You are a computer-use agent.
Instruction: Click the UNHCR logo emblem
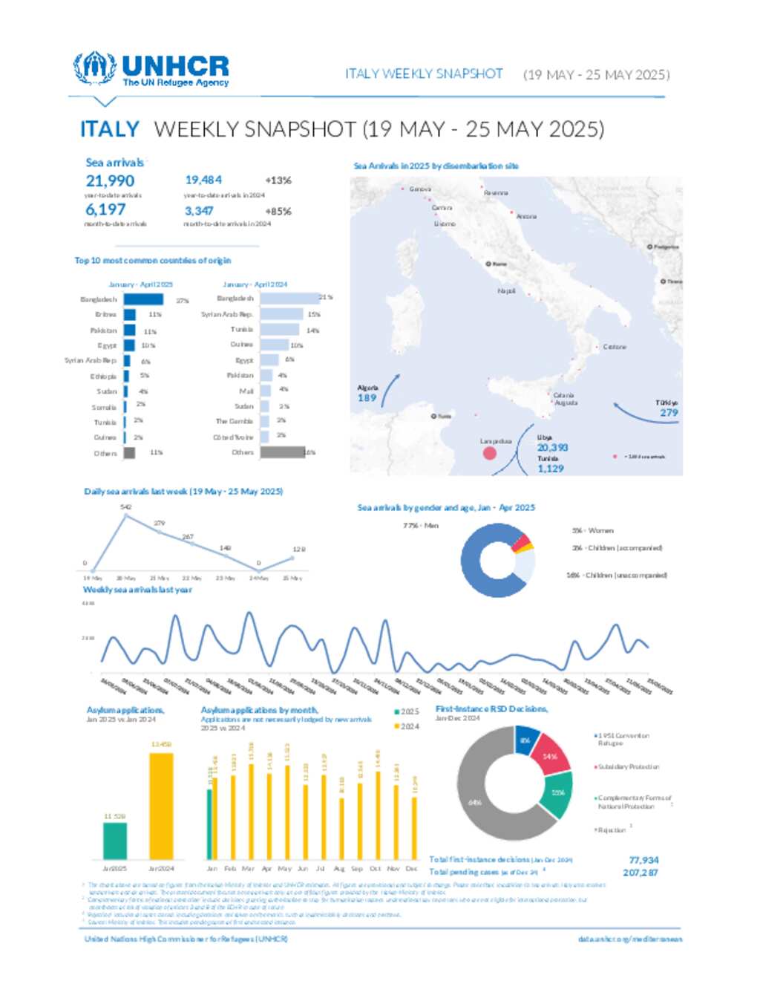click(x=94, y=69)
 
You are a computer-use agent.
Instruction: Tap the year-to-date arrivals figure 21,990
click(x=110, y=181)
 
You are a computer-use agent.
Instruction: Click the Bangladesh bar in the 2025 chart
click(x=143, y=299)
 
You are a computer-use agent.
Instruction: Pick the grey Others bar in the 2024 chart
click(x=282, y=452)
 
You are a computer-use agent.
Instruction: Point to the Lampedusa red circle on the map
click(x=490, y=452)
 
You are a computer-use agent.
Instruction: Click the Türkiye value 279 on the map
click(x=669, y=413)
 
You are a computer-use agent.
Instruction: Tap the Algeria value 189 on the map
click(x=367, y=398)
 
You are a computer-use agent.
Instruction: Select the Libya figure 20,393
click(x=552, y=448)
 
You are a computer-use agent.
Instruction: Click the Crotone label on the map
click(x=615, y=347)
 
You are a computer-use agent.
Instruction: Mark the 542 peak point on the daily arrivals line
click(x=126, y=515)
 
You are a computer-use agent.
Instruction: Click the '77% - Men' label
click(x=421, y=526)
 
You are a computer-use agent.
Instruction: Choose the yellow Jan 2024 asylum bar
click(x=161, y=806)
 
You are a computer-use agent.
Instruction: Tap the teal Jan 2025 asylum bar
click(x=114, y=841)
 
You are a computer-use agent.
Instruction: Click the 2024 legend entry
click(x=407, y=726)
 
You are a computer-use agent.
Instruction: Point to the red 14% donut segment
click(x=550, y=756)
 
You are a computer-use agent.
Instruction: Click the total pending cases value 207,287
click(x=641, y=873)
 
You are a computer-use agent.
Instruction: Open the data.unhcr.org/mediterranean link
click(x=629, y=939)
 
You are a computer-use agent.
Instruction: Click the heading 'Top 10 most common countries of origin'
click(x=152, y=261)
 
